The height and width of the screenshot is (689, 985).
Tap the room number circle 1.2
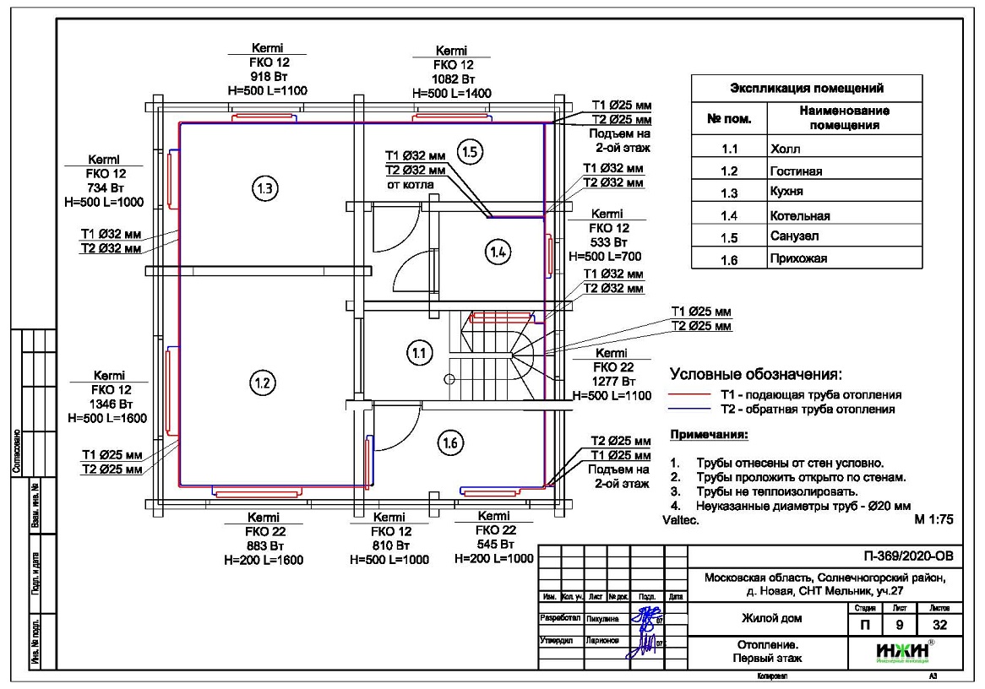tap(261, 383)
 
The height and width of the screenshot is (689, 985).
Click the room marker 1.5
tap(470, 152)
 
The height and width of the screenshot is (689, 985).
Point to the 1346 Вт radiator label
tap(109, 404)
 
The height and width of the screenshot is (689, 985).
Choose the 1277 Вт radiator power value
tap(611, 382)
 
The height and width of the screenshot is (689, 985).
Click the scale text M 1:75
tap(934, 521)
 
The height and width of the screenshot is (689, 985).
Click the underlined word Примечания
tap(709, 436)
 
